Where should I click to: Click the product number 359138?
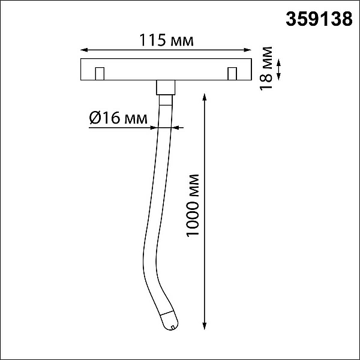pyautogui.click(x=319, y=19)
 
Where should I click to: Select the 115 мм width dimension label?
pyautogui.click(x=166, y=40)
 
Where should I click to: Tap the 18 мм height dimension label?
pyautogui.click(x=266, y=68)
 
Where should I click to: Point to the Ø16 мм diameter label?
pyautogui.click(x=118, y=118)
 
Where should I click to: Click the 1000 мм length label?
pyautogui.click(x=193, y=205)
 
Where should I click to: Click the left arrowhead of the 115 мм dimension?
pyautogui.click(x=84, y=50)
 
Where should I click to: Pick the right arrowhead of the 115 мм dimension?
pyautogui.click(x=247, y=50)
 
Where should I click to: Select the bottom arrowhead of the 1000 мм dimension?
pyautogui.click(x=205, y=326)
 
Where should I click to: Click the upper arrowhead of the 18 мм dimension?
pyautogui.click(x=278, y=62)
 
